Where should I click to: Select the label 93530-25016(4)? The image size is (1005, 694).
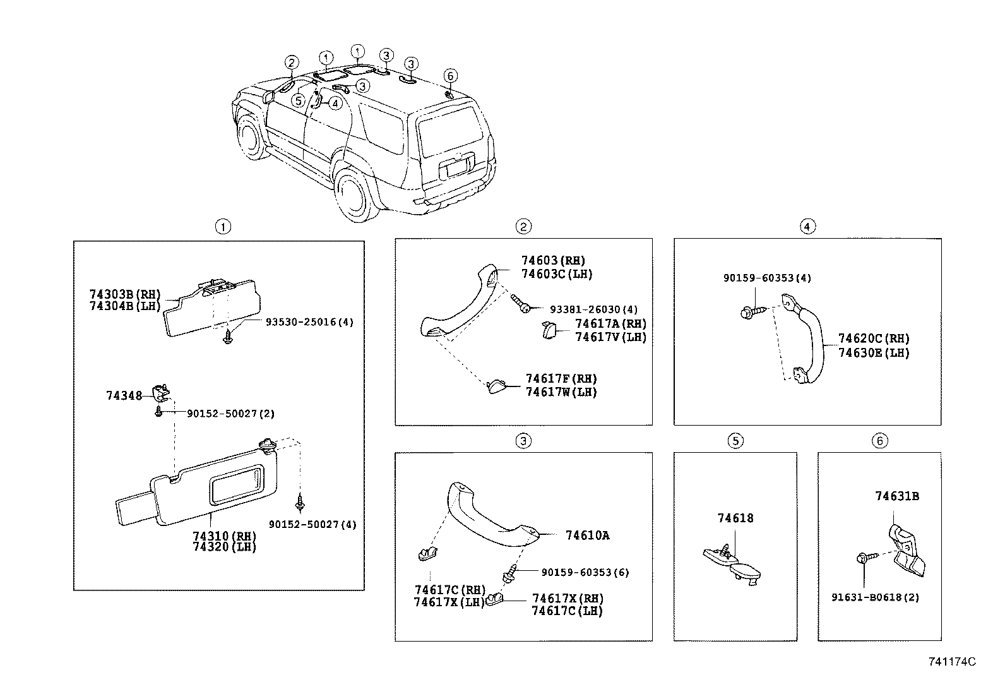309,322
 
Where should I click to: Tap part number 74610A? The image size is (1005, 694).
587,535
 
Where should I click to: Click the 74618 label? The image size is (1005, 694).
735,518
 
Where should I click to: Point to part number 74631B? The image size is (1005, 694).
896,496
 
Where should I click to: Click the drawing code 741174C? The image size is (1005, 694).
951,662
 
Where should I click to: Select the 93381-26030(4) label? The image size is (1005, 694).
593,309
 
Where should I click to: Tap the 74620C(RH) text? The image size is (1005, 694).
874,339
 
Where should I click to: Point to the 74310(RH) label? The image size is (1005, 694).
223,535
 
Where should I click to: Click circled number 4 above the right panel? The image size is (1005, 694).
807,226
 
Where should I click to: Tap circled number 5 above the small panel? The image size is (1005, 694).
735,441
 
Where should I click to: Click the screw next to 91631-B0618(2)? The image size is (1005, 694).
865,559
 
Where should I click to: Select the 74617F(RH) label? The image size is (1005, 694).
561,379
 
